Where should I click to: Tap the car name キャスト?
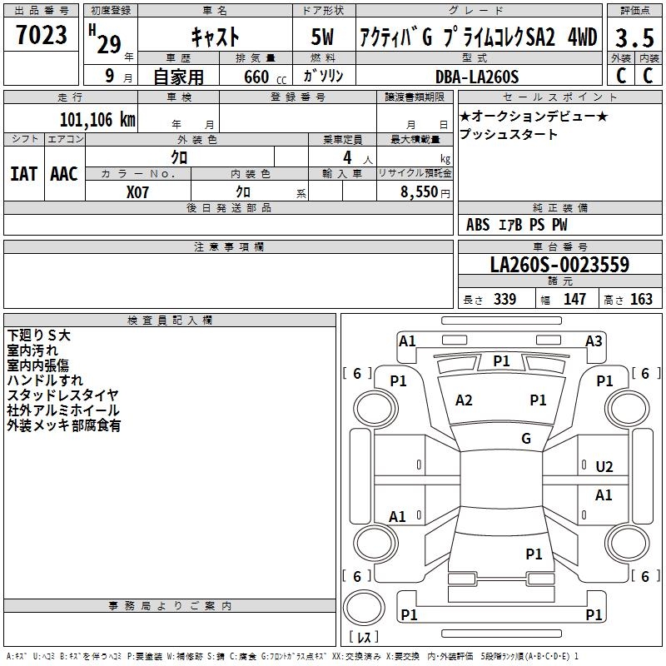click(x=216, y=37)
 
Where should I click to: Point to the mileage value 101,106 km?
click(x=97, y=119)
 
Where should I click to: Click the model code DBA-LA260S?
click(x=477, y=77)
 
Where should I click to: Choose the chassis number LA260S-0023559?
click(x=559, y=265)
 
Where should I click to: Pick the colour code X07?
click(x=138, y=191)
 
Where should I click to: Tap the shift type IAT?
click(x=23, y=174)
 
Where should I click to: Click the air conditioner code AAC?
click(x=64, y=174)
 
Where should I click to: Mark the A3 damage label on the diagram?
click(x=594, y=340)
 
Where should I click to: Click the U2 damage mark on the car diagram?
click(x=604, y=466)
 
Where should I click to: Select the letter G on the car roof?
click(x=526, y=439)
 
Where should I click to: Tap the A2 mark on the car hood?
click(x=465, y=400)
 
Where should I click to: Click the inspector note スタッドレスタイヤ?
click(x=63, y=395)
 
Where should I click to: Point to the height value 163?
click(x=641, y=299)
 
